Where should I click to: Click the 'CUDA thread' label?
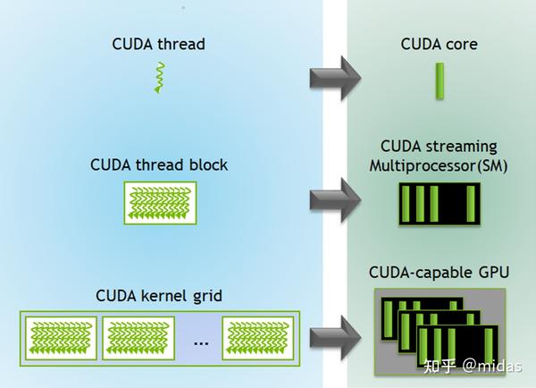pyautogui.click(x=158, y=43)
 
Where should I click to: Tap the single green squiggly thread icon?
pyautogui.click(x=158, y=78)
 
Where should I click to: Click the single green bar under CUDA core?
pyautogui.click(x=440, y=80)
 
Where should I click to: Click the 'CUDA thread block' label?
pyautogui.click(x=159, y=164)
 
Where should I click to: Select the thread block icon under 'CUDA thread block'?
pyautogui.click(x=159, y=202)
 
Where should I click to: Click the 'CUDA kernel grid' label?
pyautogui.click(x=158, y=294)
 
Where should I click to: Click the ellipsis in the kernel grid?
pyautogui.click(x=200, y=342)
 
